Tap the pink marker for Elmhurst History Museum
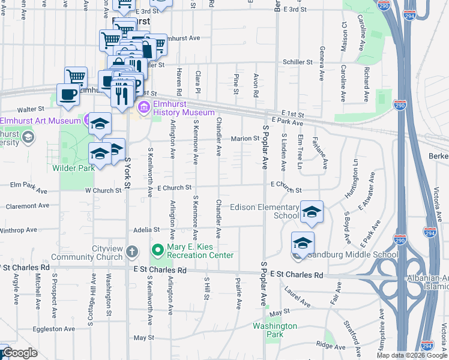click(x=144, y=108)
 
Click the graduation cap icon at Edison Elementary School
click(x=312, y=212)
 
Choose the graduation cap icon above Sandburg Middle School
click(x=303, y=243)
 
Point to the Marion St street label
click(x=245, y=139)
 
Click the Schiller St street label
click(x=298, y=62)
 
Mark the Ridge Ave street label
click(x=331, y=346)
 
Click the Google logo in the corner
click(x=19, y=353)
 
